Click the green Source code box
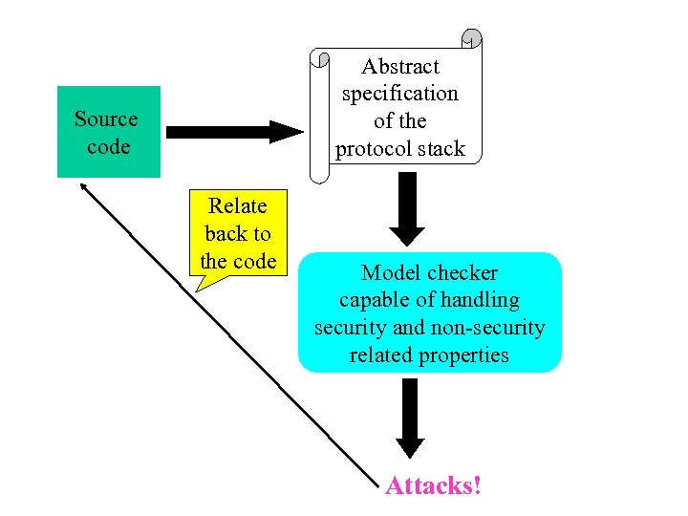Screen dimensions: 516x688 coord(108,132)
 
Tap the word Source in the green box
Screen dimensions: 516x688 coord(106,119)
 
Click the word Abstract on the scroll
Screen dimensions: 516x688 coord(399,67)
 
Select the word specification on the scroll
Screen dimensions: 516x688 coord(399,94)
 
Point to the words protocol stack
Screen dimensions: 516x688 coord(399,149)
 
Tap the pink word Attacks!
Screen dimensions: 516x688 coord(433,486)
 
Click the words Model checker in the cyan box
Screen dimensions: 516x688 coord(429,273)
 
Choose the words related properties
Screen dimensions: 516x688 coord(429,355)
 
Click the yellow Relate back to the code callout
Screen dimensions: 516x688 coord(239,234)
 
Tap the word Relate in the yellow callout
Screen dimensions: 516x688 coord(238,206)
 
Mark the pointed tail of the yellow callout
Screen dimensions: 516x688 coord(197,287)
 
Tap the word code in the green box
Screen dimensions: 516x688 coord(107,147)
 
